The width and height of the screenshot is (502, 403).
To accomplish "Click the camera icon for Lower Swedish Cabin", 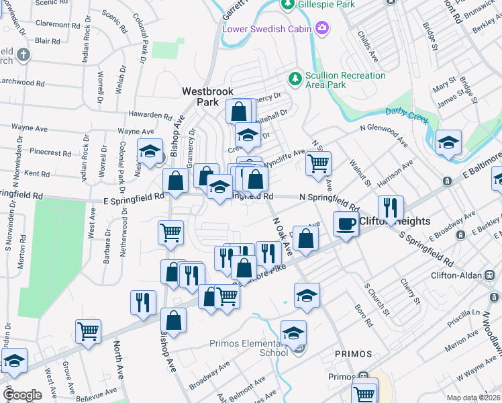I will (x=322, y=28).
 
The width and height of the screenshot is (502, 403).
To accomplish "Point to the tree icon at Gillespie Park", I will (x=287, y=5).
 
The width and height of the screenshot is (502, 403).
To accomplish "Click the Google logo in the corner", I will (x=21, y=395).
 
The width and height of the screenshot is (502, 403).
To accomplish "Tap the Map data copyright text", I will (x=474, y=398).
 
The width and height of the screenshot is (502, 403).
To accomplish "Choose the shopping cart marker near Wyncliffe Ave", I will (x=318, y=163).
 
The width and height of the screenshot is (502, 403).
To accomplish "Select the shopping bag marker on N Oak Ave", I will (x=305, y=238).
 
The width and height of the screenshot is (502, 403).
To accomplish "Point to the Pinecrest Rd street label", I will (x=42, y=152).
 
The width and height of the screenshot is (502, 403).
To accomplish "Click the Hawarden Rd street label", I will (x=150, y=116).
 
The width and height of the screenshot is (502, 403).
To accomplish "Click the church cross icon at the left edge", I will (x=23, y=54).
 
